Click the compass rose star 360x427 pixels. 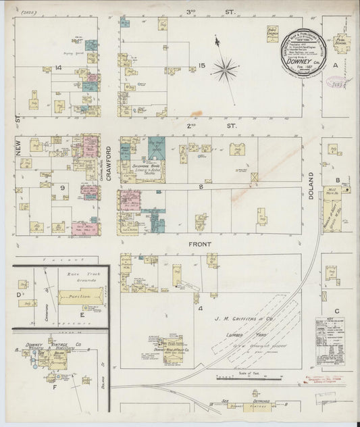pyautogui.click(x=224, y=68)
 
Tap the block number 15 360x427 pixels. pyautogui.click(x=201, y=65)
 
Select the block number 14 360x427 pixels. pyautogui.click(x=59, y=67)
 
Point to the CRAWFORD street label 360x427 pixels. pyautogui.click(x=108, y=160)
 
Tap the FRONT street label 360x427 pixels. pyautogui.click(x=201, y=244)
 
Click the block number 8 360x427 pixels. pyautogui.click(x=201, y=186)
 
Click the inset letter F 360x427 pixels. pyautogui.click(x=53, y=389)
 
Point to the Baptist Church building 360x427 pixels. pyautogui.click(x=271, y=32)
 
